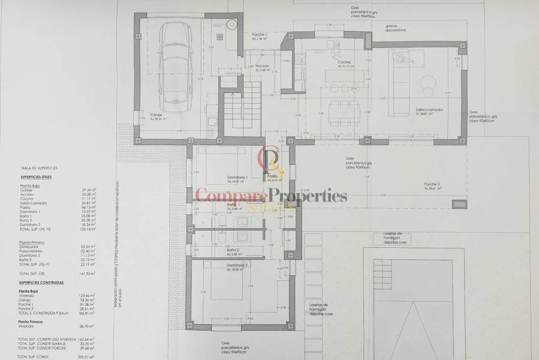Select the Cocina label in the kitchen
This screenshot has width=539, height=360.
point(344,62)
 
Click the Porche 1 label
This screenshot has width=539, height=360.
point(260,36)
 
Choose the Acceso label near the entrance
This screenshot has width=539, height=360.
point(262,65)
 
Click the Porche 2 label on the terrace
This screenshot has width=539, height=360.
point(432,185)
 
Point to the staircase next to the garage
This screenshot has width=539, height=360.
point(242,108)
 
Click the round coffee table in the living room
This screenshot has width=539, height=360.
point(429,83)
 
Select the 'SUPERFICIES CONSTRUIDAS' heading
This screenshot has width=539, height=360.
point(42,281)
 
